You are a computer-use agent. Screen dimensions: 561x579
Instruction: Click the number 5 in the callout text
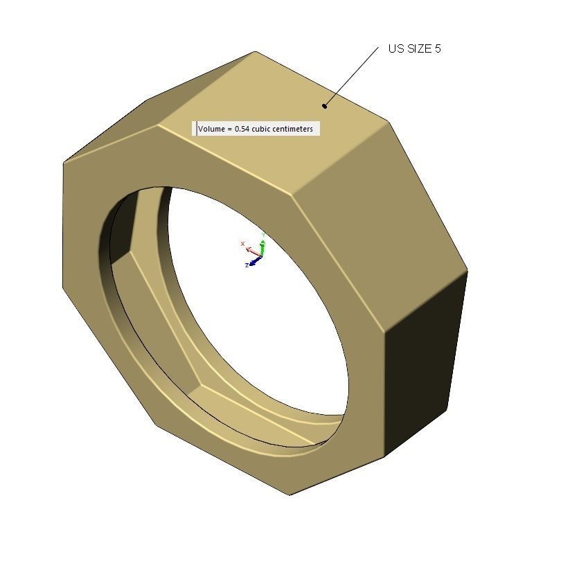click(x=438, y=49)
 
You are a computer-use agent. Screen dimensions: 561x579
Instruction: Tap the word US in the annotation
click(x=395, y=49)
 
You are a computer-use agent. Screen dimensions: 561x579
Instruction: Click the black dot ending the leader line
click(x=324, y=106)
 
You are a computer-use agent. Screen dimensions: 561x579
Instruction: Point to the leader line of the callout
click(x=352, y=76)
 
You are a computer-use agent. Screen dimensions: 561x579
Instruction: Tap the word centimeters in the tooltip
click(x=292, y=129)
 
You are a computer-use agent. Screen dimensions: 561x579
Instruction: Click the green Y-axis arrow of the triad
click(x=262, y=247)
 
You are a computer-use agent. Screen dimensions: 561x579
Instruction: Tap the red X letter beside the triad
click(x=242, y=244)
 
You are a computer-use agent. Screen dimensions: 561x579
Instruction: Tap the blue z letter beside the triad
click(x=247, y=265)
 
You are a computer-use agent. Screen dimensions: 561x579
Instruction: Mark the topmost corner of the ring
click(x=255, y=52)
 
